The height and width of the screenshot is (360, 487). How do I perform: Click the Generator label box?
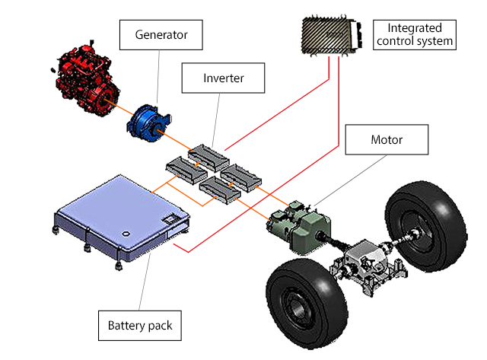coord(161,33)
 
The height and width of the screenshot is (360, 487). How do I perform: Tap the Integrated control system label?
coord(416,33)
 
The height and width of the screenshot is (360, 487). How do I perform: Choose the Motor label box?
coord(386,140)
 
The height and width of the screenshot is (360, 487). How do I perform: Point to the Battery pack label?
coord(140,325)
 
